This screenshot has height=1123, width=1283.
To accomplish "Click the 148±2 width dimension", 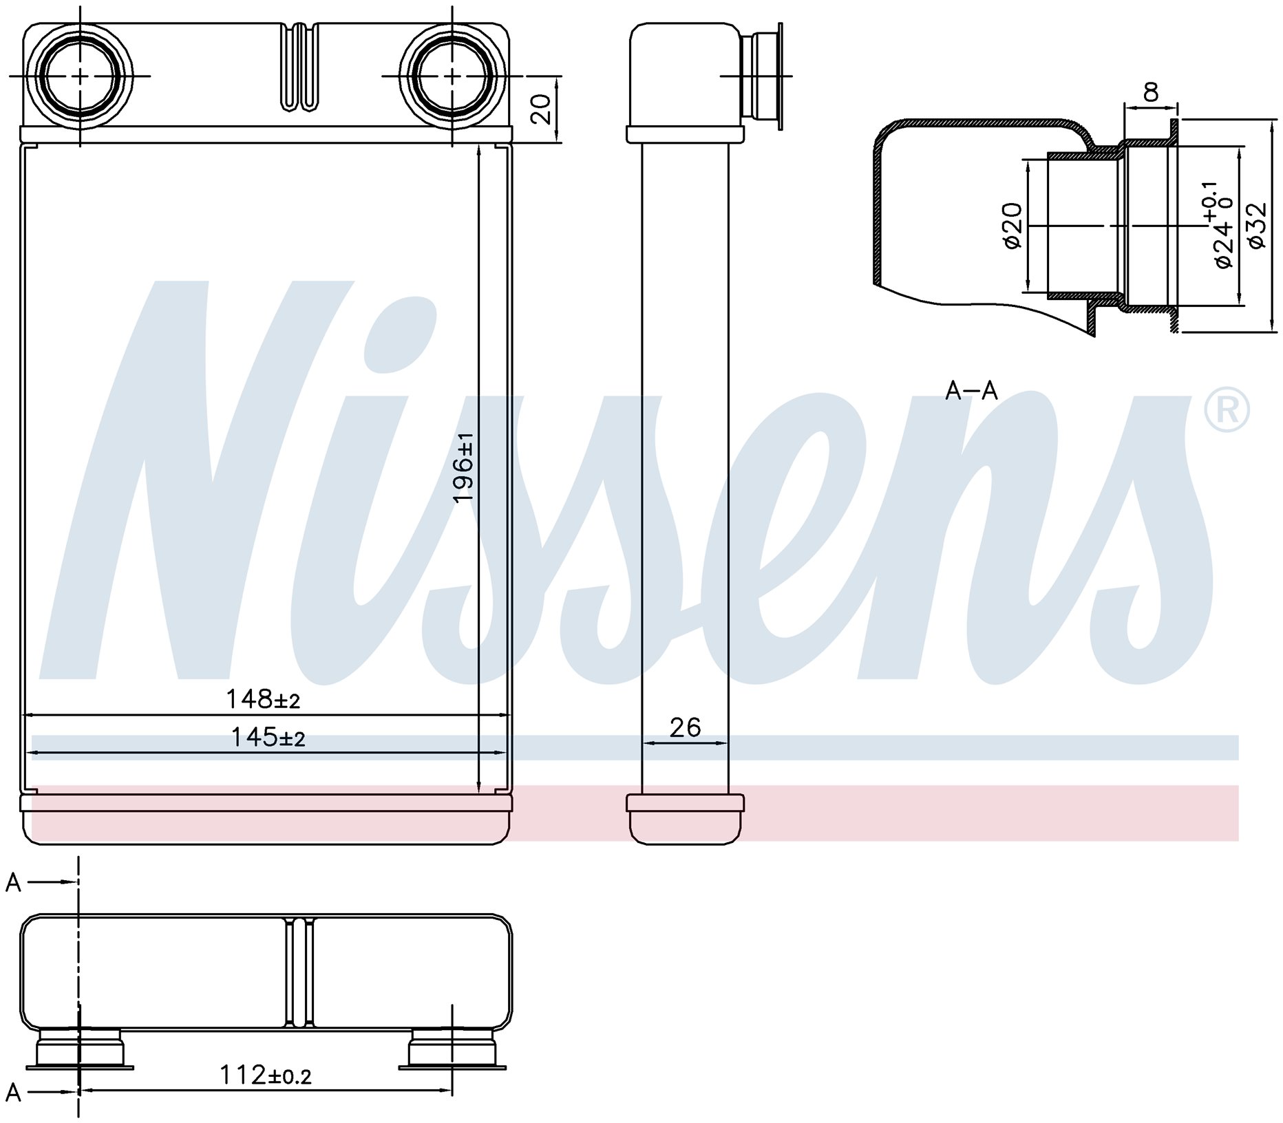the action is [x=264, y=700].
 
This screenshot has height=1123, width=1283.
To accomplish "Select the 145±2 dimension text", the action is [x=268, y=738].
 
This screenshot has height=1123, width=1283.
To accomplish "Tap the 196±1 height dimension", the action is [x=464, y=468].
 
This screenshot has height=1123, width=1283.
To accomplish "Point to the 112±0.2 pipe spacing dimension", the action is [x=266, y=1074].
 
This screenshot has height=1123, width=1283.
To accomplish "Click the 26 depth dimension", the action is [x=685, y=727].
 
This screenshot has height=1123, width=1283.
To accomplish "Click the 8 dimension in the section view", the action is [x=1150, y=92].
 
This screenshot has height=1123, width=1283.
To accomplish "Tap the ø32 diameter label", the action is [x=1257, y=225].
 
